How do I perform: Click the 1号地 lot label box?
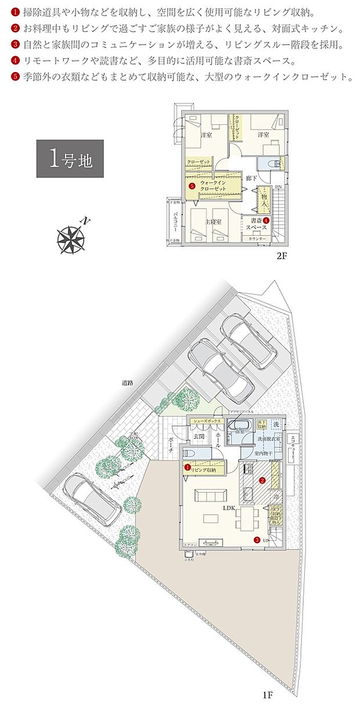[70, 158]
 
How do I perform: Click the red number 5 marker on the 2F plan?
[191, 186]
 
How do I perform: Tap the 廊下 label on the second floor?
[251, 178]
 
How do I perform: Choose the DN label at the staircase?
[278, 187]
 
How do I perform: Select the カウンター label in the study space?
[257, 239]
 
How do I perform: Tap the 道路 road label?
[128, 383]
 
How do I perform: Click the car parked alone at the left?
[92, 500]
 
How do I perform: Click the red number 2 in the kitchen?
[262, 481]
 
